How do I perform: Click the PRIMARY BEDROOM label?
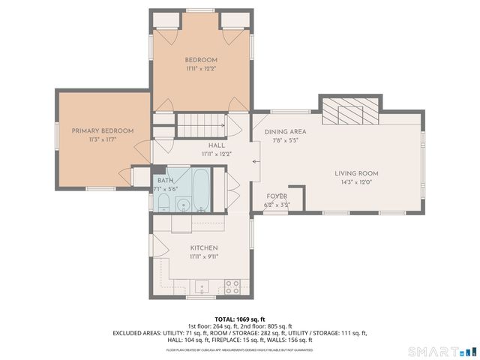pos(103,130)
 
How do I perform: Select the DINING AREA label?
pos(286,132)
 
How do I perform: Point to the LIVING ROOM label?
pos(355,173)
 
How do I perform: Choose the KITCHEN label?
pos(203,247)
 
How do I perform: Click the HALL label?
pos(216,145)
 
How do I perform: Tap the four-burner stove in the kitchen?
pos(232,286)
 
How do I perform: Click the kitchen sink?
pos(201,286)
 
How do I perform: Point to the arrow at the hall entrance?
pos(255,160)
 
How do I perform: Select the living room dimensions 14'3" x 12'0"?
pos(355,181)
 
